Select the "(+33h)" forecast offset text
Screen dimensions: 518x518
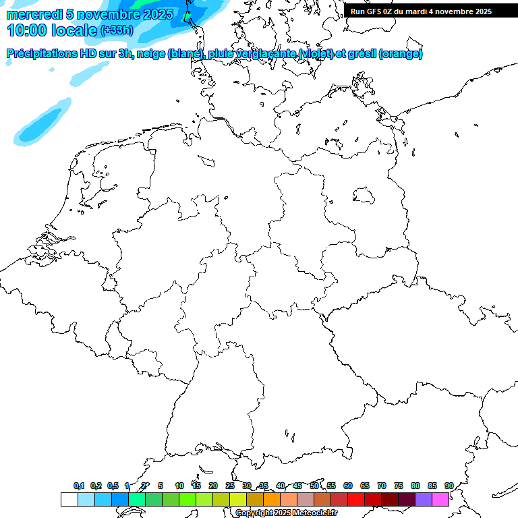point(117,30)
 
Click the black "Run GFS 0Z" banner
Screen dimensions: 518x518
point(431,11)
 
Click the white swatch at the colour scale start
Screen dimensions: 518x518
point(69,499)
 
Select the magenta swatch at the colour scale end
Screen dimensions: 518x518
point(440,499)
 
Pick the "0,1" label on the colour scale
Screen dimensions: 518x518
point(79,486)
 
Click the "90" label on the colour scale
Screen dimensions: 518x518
point(449,486)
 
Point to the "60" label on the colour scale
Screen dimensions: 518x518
point(348,486)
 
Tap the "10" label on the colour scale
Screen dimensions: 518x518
point(179,486)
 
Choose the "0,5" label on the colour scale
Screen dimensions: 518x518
point(113,486)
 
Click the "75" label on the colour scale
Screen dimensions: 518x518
point(399,486)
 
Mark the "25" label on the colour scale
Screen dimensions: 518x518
point(230,486)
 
